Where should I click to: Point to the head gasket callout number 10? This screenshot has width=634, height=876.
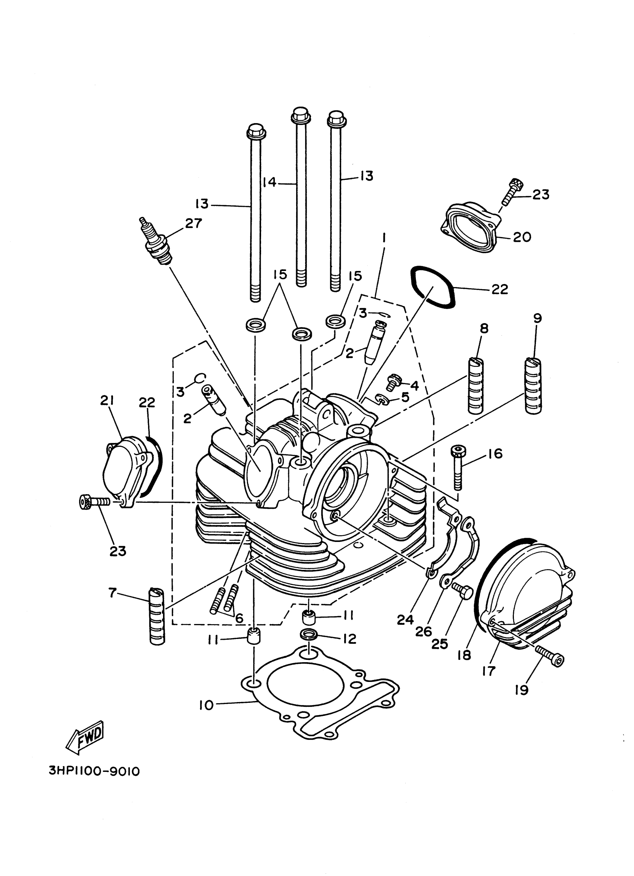206,705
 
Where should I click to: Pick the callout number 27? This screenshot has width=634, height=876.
193,223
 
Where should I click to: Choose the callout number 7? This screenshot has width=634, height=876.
112,592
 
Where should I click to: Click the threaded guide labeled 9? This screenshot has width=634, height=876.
533,386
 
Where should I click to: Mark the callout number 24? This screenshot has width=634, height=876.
405,620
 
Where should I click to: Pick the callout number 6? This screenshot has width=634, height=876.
239,618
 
